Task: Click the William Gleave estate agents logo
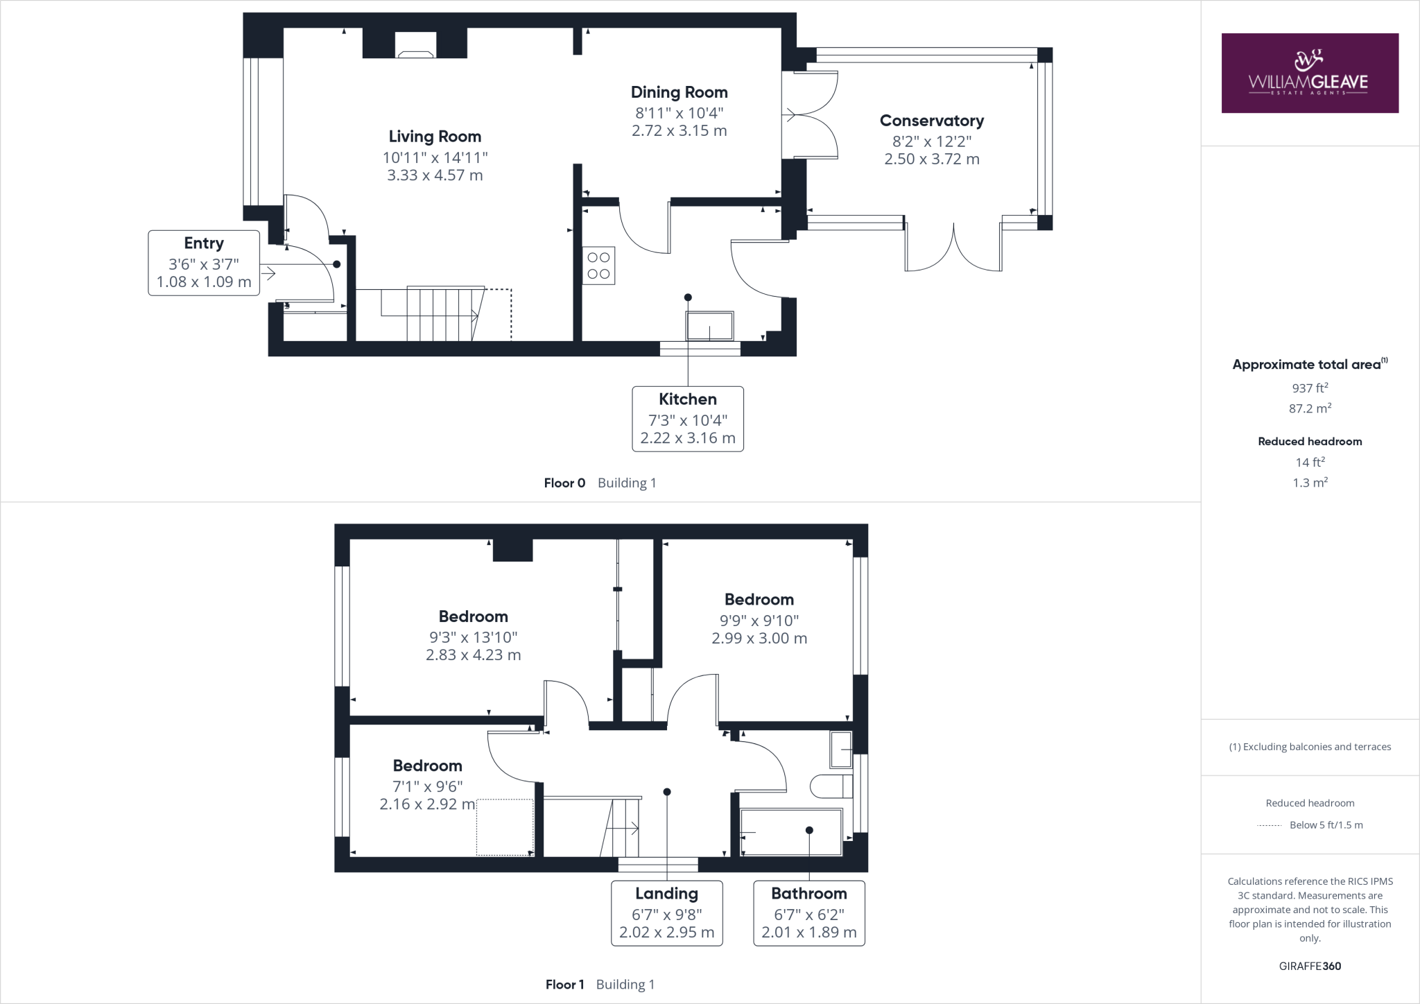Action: (1309, 73)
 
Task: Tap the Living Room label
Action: (435, 137)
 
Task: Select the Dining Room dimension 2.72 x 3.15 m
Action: (679, 131)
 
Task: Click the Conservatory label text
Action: (931, 121)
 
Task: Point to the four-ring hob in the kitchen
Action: (598, 266)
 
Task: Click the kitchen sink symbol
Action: (709, 326)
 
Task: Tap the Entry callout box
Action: (204, 263)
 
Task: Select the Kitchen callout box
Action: (687, 419)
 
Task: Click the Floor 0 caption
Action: (564, 483)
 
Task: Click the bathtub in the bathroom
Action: (791, 832)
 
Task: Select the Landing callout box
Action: (666, 912)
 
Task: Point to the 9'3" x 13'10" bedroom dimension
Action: (473, 637)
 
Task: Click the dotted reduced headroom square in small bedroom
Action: (505, 826)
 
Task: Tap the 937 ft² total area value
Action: (1309, 388)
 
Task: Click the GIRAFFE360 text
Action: (1309, 966)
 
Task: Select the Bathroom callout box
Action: (808, 912)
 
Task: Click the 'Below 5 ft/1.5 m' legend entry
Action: (1325, 825)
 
